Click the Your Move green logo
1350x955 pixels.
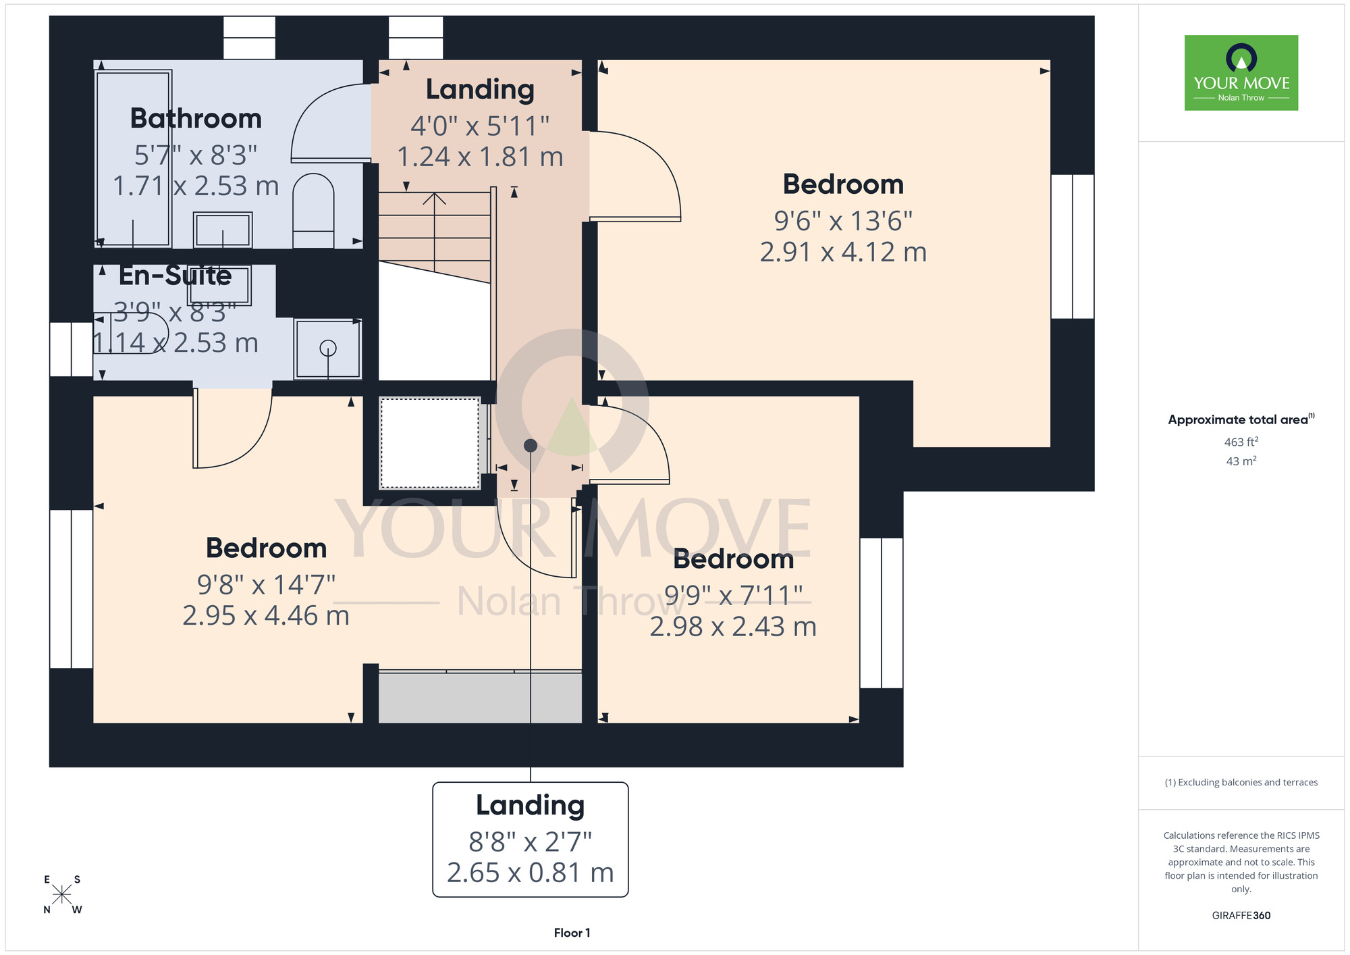point(1241,73)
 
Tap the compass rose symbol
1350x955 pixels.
point(62,895)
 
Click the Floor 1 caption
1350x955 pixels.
point(572,933)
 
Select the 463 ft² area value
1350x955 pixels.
point(1241,442)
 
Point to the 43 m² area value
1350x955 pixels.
point(1241,461)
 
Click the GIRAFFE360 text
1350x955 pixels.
point(1241,916)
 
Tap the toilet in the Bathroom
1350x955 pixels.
point(313,211)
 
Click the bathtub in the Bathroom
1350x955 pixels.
point(133,159)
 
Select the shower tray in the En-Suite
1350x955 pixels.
point(328,349)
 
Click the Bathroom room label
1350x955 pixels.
point(196,118)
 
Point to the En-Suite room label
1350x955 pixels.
point(175,276)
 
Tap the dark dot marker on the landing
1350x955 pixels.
point(531,446)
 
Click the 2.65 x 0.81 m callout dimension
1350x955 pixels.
point(531,873)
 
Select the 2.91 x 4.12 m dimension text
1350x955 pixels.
point(843,252)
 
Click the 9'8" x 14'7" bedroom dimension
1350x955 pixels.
point(266,584)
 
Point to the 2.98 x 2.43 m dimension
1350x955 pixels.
point(733,627)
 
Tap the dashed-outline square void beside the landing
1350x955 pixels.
point(430,443)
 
